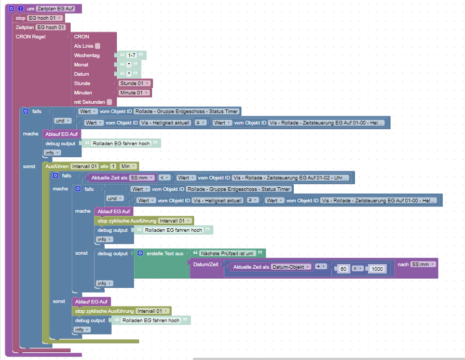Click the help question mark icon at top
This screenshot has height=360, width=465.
click(20, 9)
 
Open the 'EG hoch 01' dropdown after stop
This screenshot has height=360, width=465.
click(46, 18)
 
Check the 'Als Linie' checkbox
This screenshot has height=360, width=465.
click(98, 46)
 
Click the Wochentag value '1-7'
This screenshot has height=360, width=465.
click(132, 55)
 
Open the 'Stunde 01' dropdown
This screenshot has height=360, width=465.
click(134, 83)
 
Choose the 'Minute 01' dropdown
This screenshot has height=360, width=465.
click(134, 93)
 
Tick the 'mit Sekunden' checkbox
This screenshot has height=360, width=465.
click(109, 102)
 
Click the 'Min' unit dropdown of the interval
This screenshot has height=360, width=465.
click(128, 166)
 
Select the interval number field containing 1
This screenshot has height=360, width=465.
click(113, 166)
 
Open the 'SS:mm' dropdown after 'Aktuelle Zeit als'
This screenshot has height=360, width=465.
click(142, 177)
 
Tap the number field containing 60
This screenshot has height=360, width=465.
click(342, 269)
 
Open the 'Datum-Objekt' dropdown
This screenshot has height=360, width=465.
click(292, 267)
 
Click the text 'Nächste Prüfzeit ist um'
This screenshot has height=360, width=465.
click(227, 253)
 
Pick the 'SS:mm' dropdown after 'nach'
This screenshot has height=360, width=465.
click(423, 265)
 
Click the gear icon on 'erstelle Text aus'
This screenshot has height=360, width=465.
click(140, 253)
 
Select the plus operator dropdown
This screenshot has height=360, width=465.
click(321, 267)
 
